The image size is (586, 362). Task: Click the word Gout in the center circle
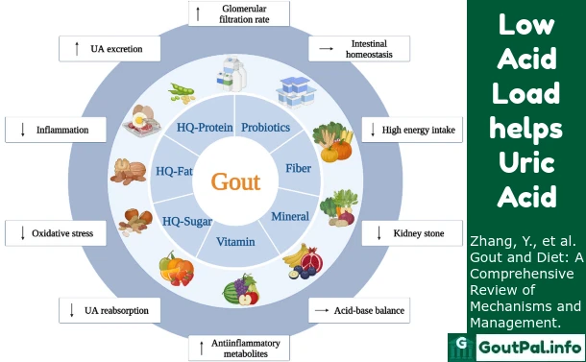pos(235,181)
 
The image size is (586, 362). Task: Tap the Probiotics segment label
pos(266,127)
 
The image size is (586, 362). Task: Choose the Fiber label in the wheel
pos(298,168)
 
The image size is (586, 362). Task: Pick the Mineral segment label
pos(289,216)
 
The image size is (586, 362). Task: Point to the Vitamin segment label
pos(235,241)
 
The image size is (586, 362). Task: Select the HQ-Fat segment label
pos(175,172)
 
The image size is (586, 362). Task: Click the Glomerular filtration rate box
pos(235,13)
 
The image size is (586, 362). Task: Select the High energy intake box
pos(411,130)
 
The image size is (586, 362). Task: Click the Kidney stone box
pos(410,232)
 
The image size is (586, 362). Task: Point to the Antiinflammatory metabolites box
pos(235,347)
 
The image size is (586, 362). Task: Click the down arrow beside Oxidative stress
pos(21,232)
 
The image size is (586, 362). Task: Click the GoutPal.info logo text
pos(526,346)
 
